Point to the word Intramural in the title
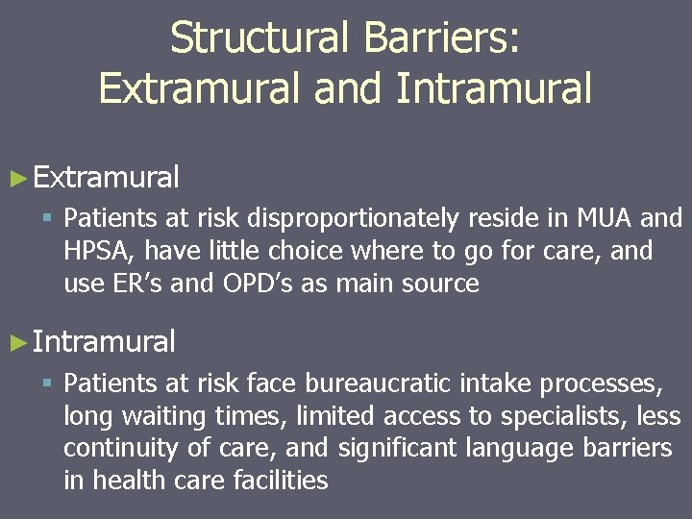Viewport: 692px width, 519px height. pos(492,89)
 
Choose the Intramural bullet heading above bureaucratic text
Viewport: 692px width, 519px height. pos(104,341)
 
